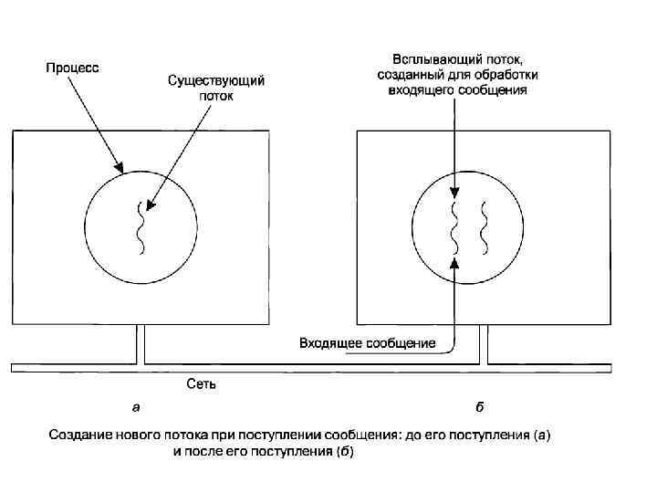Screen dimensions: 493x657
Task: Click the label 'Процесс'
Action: pyautogui.click(x=74, y=68)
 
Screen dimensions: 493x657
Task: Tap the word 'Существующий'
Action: pyautogui.click(x=216, y=81)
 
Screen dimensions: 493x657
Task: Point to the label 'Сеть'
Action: pyautogui.click(x=201, y=384)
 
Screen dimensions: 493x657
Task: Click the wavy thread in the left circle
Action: pyautogui.click(x=141, y=228)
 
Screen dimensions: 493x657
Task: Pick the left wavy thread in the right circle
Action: pyautogui.click(x=454, y=228)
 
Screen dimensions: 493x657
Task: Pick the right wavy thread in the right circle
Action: pyautogui.click(x=485, y=228)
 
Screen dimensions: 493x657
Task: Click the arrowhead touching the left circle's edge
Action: pyautogui.click(x=118, y=168)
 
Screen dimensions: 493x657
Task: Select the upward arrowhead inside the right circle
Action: pyautogui.click(x=454, y=262)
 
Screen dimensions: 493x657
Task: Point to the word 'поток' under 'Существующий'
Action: pyautogui.click(x=216, y=96)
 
